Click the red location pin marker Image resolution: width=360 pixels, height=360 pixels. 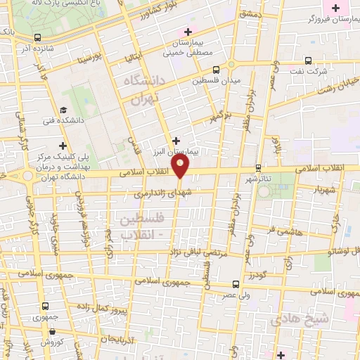[181, 167]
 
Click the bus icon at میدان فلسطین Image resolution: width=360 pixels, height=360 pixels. [216, 70]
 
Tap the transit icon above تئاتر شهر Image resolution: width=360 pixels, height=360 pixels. [259, 167]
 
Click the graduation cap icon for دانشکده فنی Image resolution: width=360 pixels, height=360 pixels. [64, 110]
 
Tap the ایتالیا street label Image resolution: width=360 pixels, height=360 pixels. [134, 53]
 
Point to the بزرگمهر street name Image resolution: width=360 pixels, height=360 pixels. [221, 114]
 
